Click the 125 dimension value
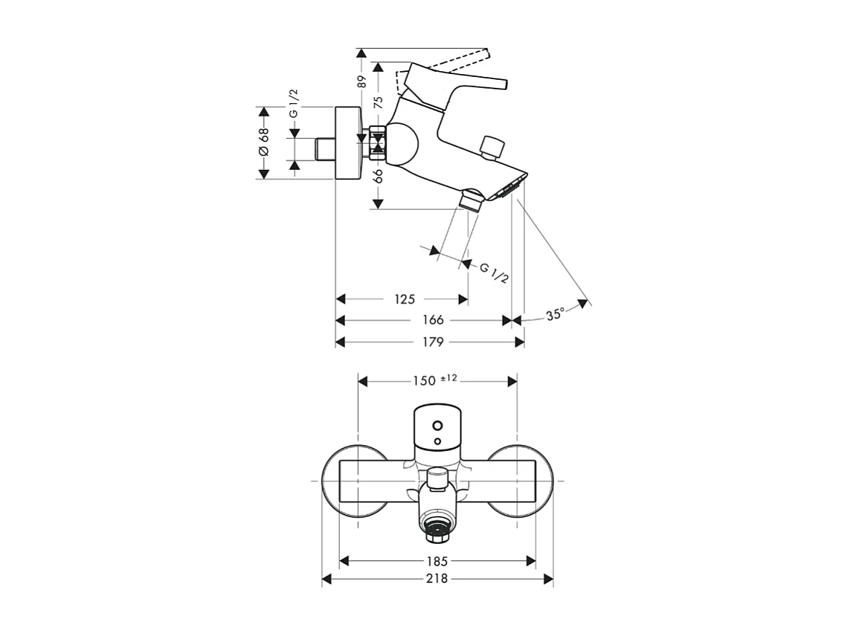[x=405, y=299]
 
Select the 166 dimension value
[x=433, y=320]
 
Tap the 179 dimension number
[x=433, y=342]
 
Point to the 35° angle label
[x=556, y=314]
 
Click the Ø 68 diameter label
[x=263, y=142]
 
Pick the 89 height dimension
[x=362, y=81]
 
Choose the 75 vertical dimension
[x=378, y=102]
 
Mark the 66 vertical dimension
[x=378, y=176]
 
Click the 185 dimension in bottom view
[x=437, y=560]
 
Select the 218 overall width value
[x=437, y=579]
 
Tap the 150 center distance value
[x=424, y=380]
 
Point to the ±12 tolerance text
[x=449, y=378]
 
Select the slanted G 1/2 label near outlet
[x=494, y=273]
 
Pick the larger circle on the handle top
[x=437, y=425]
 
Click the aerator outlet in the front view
[x=437, y=531]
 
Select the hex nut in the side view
[x=377, y=142]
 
